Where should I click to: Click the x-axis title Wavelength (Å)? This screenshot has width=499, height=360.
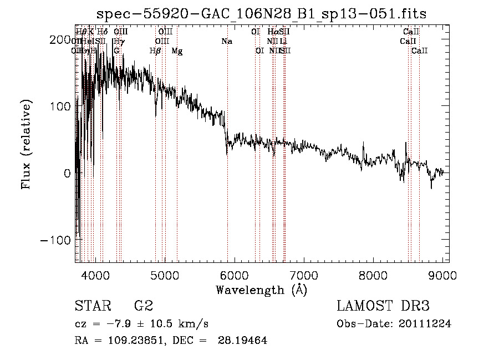(x=261, y=290)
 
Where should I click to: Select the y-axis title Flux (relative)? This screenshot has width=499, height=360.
(x=26, y=144)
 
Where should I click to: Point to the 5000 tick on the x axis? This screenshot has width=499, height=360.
(x=165, y=274)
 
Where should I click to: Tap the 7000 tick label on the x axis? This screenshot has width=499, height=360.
(x=304, y=274)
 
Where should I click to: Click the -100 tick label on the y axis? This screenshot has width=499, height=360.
(x=58, y=240)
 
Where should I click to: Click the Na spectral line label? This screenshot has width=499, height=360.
(x=226, y=42)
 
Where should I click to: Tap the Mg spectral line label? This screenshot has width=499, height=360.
(x=177, y=51)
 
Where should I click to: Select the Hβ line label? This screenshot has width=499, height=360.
(x=155, y=51)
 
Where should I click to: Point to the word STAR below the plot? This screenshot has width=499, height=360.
(x=91, y=306)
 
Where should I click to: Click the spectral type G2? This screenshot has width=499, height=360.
(x=144, y=306)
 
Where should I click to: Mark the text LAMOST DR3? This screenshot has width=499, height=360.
(x=383, y=306)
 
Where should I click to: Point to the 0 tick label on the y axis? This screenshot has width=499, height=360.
(x=67, y=173)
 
